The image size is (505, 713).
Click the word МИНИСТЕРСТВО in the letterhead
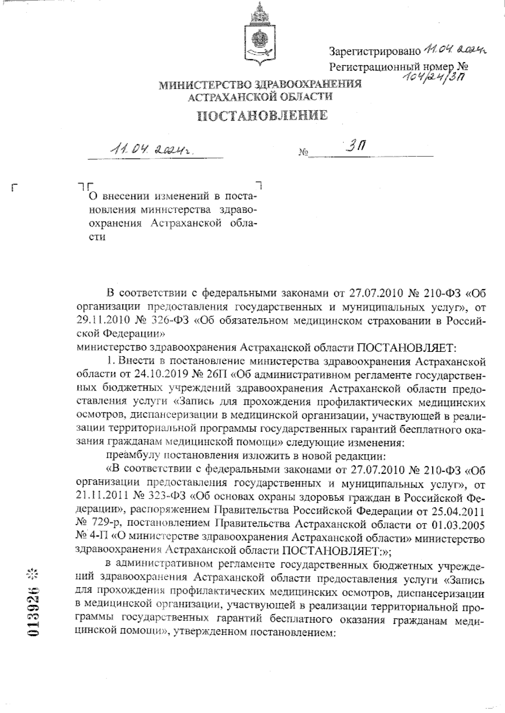click(199, 85)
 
